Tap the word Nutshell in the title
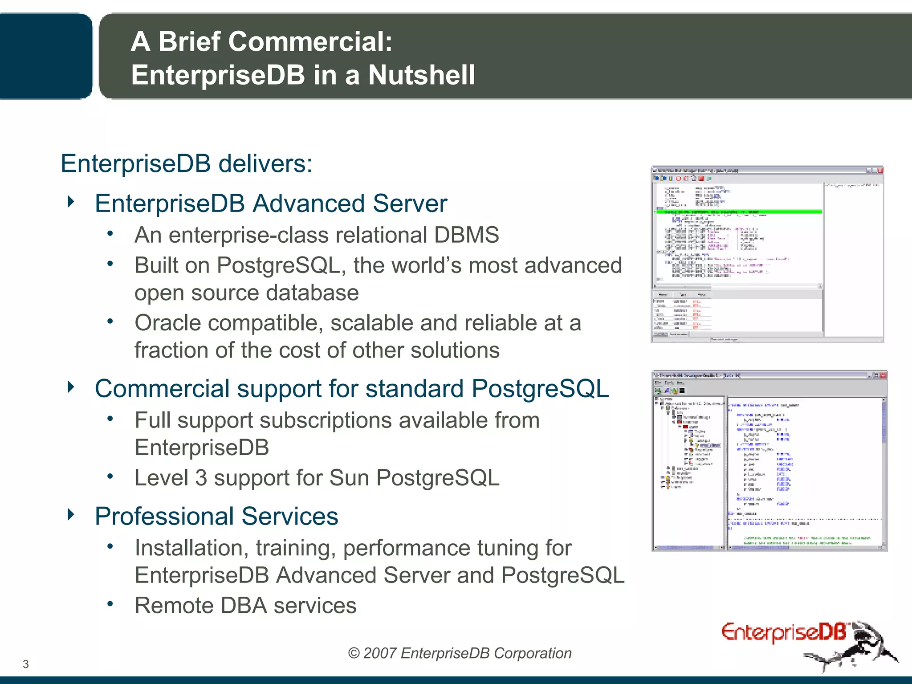pyautogui.click(x=421, y=75)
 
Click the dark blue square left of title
pyautogui.click(x=45, y=56)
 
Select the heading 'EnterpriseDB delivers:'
pyautogui.click(x=187, y=163)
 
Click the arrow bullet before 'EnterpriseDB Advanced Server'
pyautogui.click(x=71, y=202)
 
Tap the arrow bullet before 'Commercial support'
pyautogui.click(x=71, y=387)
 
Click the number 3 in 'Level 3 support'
pyautogui.click(x=201, y=478)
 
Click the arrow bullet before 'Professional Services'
pyautogui.click(x=71, y=515)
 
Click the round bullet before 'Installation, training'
pyautogui.click(x=110, y=546)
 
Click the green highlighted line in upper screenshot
pyautogui.click(x=739, y=212)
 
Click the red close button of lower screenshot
pyautogui.click(x=883, y=376)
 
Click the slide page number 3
pyautogui.click(x=26, y=664)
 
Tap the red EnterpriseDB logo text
pyautogui.click(x=784, y=633)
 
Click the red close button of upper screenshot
pyautogui.click(x=880, y=171)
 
